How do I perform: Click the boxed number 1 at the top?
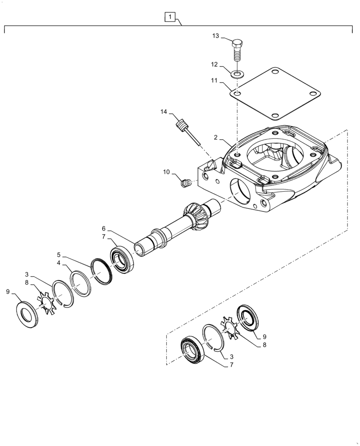pyautogui.click(x=170, y=17)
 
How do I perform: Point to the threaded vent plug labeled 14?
pyautogui.click(x=182, y=126)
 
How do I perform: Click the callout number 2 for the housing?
pyautogui.click(x=215, y=138)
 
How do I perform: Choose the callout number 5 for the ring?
pyautogui.click(x=58, y=255)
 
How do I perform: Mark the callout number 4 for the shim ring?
pyautogui.click(x=58, y=264)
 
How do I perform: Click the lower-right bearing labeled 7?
pyautogui.click(x=193, y=350)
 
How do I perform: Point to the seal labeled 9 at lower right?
pyautogui.click(x=246, y=318)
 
